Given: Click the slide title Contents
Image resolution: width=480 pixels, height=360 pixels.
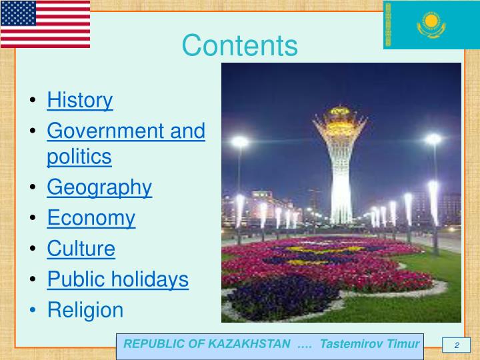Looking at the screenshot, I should click(240, 46).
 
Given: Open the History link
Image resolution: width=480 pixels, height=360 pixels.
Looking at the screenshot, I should click(80, 101).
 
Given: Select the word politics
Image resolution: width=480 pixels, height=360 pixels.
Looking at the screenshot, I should click(79, 157).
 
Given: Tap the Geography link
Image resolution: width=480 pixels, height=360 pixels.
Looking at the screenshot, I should click(99, 188).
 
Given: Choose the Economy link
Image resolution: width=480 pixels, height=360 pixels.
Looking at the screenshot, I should click(91, 218).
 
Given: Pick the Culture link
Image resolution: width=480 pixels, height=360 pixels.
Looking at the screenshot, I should click(81, 249).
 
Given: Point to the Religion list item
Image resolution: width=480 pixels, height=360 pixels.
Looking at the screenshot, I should click(85, 310).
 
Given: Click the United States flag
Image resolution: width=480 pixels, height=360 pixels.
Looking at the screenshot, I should click(45, 23).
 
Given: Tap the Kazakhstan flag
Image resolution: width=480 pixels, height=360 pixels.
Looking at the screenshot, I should click(431, 25).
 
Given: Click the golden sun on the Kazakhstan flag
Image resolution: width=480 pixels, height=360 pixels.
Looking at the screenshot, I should click(431, 22).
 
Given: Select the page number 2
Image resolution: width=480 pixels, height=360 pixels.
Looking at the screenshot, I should click(457, 345).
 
